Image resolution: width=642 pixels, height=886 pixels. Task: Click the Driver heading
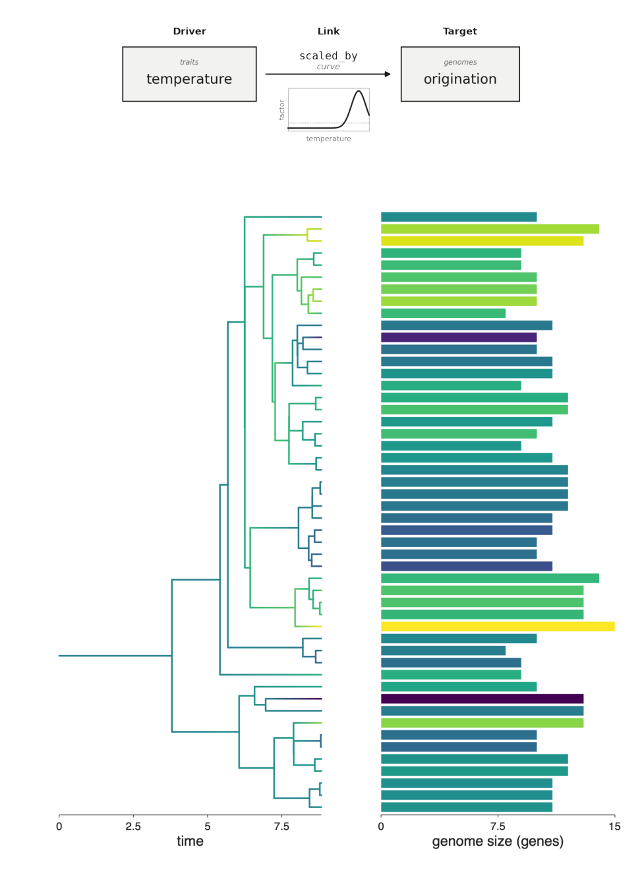189,31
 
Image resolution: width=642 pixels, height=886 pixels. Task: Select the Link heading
328,31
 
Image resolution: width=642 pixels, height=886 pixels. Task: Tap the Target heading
460,31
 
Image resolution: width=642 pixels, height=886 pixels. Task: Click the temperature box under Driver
189,74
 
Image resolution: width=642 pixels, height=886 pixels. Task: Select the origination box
460,74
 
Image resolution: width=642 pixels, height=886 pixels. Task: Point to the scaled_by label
328,56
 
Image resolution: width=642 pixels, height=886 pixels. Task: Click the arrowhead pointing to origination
388,74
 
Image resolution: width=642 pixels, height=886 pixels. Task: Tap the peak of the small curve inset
359,91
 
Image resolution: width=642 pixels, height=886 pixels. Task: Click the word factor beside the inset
281,110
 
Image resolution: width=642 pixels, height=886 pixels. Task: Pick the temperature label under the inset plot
328,139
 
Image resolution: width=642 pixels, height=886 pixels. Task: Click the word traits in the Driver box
189,62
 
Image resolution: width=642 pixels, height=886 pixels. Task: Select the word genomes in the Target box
460,62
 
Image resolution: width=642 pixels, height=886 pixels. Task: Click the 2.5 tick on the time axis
133,826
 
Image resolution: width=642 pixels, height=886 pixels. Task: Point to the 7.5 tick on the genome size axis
498,826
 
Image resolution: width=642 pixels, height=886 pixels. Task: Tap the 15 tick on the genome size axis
615,826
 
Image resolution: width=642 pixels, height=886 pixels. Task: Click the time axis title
190,841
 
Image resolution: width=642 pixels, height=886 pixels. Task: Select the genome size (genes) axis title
498,841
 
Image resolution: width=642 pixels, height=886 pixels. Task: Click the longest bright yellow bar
498,627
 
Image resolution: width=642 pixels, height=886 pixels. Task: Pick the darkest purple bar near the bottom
482,699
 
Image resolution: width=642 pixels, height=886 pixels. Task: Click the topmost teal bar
459,217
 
